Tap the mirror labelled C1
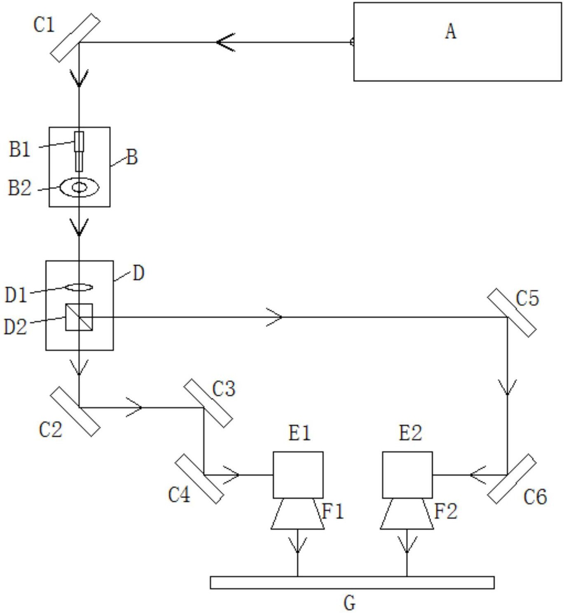tap(75, 38)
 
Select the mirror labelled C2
tap(75, 411)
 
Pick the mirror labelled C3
tap(208, 403)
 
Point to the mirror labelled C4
tap(199, 479)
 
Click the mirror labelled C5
tap(511, 312)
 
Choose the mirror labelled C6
tap(511, 479)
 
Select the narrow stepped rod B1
tap(79, 151)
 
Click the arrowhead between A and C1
tap(225, 42)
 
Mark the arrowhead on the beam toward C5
tap(274, 317)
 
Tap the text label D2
tap(16, 326)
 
